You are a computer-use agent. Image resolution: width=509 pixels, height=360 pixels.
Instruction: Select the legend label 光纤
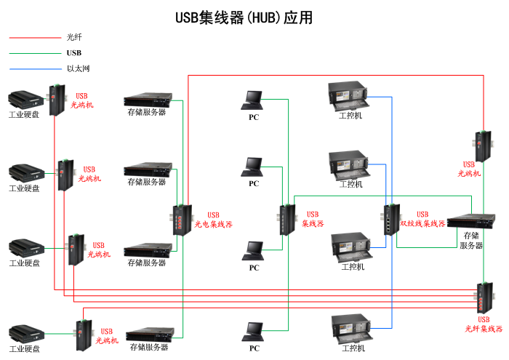[x=74, y=36]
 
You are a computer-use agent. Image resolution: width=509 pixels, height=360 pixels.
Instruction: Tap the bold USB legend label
[x=74, y=52]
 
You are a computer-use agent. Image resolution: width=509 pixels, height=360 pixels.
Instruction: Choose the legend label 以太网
[x=78, y=69]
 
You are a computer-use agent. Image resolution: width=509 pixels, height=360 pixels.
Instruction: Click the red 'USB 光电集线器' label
[x=213, y=220]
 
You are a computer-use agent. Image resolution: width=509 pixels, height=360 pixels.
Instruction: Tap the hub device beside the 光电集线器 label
[x=180, y=219]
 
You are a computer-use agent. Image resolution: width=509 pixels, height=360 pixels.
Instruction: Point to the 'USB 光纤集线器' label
[x=484, y=324]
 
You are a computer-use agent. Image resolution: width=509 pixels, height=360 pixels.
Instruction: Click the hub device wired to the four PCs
[x=286, y=220]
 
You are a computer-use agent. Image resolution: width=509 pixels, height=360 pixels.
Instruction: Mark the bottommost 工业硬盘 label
[x=24, y=349]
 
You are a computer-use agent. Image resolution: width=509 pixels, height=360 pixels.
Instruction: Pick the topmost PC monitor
[x=253, y=99]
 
